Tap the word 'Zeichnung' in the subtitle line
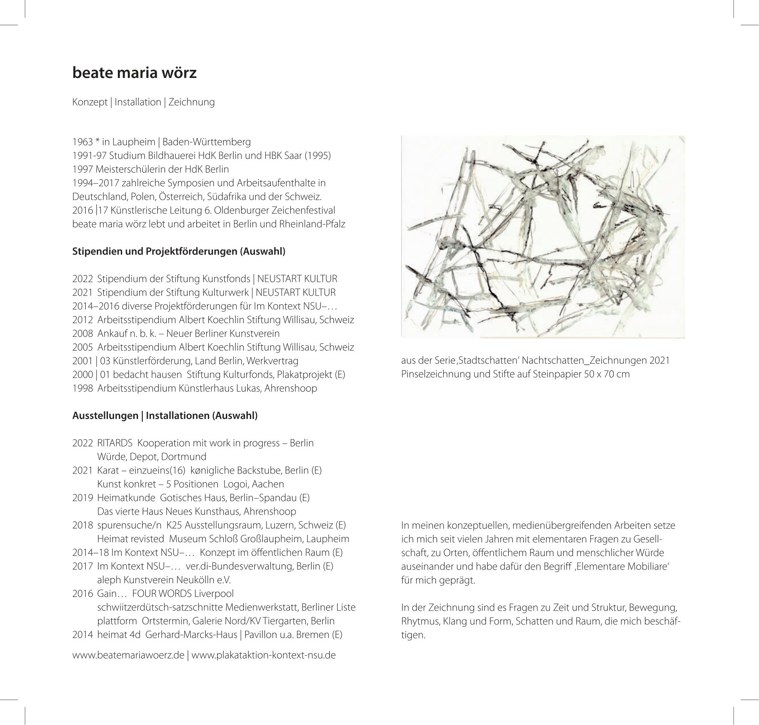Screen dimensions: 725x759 [192, 102]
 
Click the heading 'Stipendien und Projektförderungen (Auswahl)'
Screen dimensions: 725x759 [179, 252]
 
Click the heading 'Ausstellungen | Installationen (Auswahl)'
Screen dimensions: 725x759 [165, 416]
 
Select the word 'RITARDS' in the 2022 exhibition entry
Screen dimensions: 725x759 [114, 443]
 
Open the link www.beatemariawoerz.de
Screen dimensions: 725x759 [128, 656]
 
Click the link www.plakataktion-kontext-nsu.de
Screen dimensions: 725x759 [264, 656]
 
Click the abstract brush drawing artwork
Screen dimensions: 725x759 [543, 237]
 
